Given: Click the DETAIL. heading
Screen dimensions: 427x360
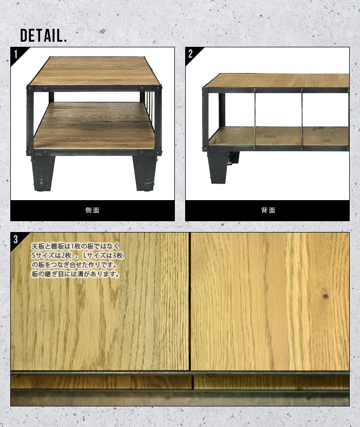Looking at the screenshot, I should (x=44, y=35).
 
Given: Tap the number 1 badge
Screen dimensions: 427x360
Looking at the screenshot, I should (x=16, y=54).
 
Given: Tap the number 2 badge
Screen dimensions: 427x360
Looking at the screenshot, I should (x=191, y=54).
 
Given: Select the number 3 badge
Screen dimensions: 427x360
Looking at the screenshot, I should (x=16, y=239).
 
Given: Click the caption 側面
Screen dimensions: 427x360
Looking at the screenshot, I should (x=92, y=210).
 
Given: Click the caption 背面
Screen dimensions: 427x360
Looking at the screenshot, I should (x=268, y=210).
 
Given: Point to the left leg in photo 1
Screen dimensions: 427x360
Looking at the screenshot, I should (x=42, y=172).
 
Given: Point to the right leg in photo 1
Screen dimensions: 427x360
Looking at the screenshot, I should (x=145, y=172).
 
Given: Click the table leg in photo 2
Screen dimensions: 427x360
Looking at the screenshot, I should (x=218, y=166).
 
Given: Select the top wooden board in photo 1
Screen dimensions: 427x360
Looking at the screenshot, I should (x=95, y=71).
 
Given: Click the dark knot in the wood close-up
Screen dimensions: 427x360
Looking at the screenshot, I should (x=325, y=296).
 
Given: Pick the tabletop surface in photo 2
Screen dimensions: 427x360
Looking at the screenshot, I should (x=278, y=80).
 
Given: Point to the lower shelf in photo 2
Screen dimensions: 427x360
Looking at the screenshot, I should (x=278, y=136).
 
